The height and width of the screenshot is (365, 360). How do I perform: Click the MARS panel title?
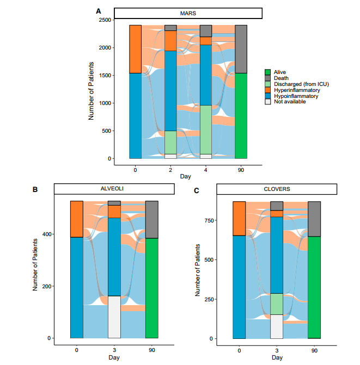coord(188,14)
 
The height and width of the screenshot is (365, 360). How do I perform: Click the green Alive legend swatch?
coord(268,72)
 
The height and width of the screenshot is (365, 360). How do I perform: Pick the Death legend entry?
coord(281,78)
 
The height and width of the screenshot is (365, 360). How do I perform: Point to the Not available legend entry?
coord(290,101)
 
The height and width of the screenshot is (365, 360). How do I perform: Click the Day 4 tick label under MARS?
coord(206,170)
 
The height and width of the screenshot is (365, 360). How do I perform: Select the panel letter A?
coord(99,11)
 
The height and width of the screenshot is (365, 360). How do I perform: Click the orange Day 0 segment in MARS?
coord(135,49)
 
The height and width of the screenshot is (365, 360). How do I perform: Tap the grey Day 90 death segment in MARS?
coord(241,49)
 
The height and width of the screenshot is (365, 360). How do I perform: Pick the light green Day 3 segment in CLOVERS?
coord(277,304)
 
